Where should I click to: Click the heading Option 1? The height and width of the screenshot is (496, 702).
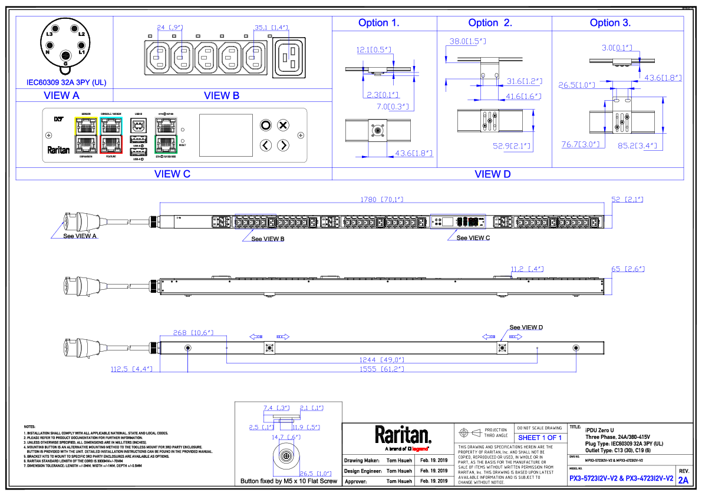point(378,24)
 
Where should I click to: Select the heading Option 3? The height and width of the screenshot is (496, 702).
point(610,24)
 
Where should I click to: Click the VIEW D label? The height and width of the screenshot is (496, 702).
point(492,174)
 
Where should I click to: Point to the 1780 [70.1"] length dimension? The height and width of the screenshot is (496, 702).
point(378,200)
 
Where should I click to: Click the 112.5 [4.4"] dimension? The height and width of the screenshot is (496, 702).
point(132,369)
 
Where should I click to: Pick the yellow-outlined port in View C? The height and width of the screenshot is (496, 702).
point(85,125)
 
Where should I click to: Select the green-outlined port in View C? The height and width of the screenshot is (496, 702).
point(166,144)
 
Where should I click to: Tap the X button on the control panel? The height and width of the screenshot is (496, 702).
point(283,125)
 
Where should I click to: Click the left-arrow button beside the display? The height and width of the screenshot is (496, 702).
point(266,145)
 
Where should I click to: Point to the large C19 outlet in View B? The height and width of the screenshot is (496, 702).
point(289,58)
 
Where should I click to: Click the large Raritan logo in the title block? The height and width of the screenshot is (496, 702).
point(403,435)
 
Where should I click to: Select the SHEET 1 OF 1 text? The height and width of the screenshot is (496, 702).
point(539,438)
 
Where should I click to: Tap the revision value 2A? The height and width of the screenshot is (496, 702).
point(683,480)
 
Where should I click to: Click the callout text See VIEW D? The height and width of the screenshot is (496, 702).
point(526,327)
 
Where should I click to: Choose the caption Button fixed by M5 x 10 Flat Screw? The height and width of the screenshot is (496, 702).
point(288,481)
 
